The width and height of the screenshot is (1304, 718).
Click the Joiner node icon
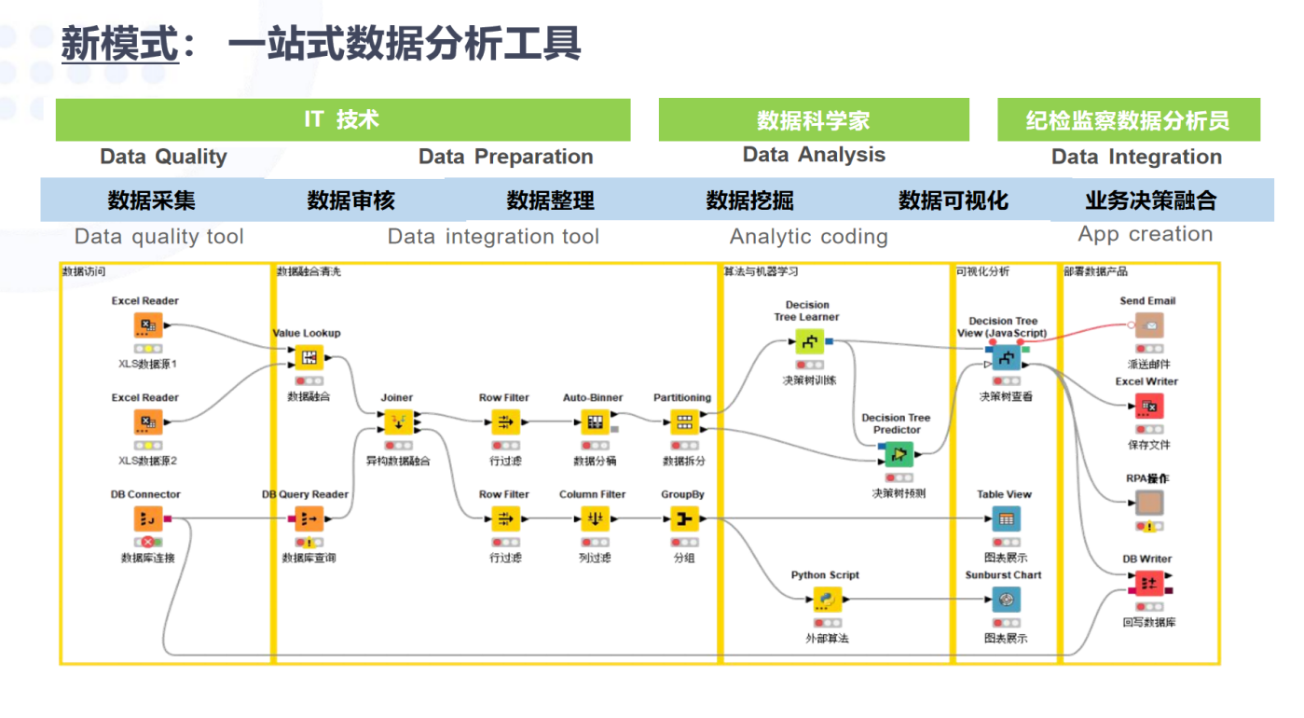pyautogui.click(x=397, y=422)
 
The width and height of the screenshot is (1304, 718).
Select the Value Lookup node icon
pyautogui.click(x=309, y=357)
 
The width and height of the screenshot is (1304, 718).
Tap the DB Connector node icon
pyautogui.click(x=147, y=519)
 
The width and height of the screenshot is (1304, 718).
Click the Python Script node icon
pyautogui.click(x=826, y=600)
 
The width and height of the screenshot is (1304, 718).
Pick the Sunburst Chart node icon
pyautogui.click(x=1005, y=600)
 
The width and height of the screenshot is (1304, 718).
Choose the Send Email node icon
pyautogui.click(x=1148, y=325)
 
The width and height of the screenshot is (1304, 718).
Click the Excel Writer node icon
pyautogui.click(x=1148, y=407)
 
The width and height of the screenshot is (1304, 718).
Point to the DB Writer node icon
pyautogui.click(x=1148, y=584)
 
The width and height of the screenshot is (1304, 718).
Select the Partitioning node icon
pyautogui.click(x=683, y=422)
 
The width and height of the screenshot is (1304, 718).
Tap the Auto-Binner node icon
pyautogui.click(x=593, y=422)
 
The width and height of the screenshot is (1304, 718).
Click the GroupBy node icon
pyautogui.click(x=683, y=519)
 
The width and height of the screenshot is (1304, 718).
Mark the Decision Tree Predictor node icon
pyautogui.click(x=898, y=454)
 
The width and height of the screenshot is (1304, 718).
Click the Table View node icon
pyautogui.click(x=1005, y=519)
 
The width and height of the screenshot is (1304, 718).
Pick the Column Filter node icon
pyautogui.click(x=593, y=519)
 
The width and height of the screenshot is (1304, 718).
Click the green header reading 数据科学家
pyautogui.click(x=813, y=120)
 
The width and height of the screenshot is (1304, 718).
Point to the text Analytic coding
pyautogui.click(x=808, y=237)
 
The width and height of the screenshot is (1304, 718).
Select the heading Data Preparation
pyautogui.click(x=505, y=157)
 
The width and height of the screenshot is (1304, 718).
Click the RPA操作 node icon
pyautogui.click(x=1148, y=504)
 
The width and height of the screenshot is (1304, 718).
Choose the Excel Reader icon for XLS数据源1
pyautogui.click(x=147, y=325)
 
